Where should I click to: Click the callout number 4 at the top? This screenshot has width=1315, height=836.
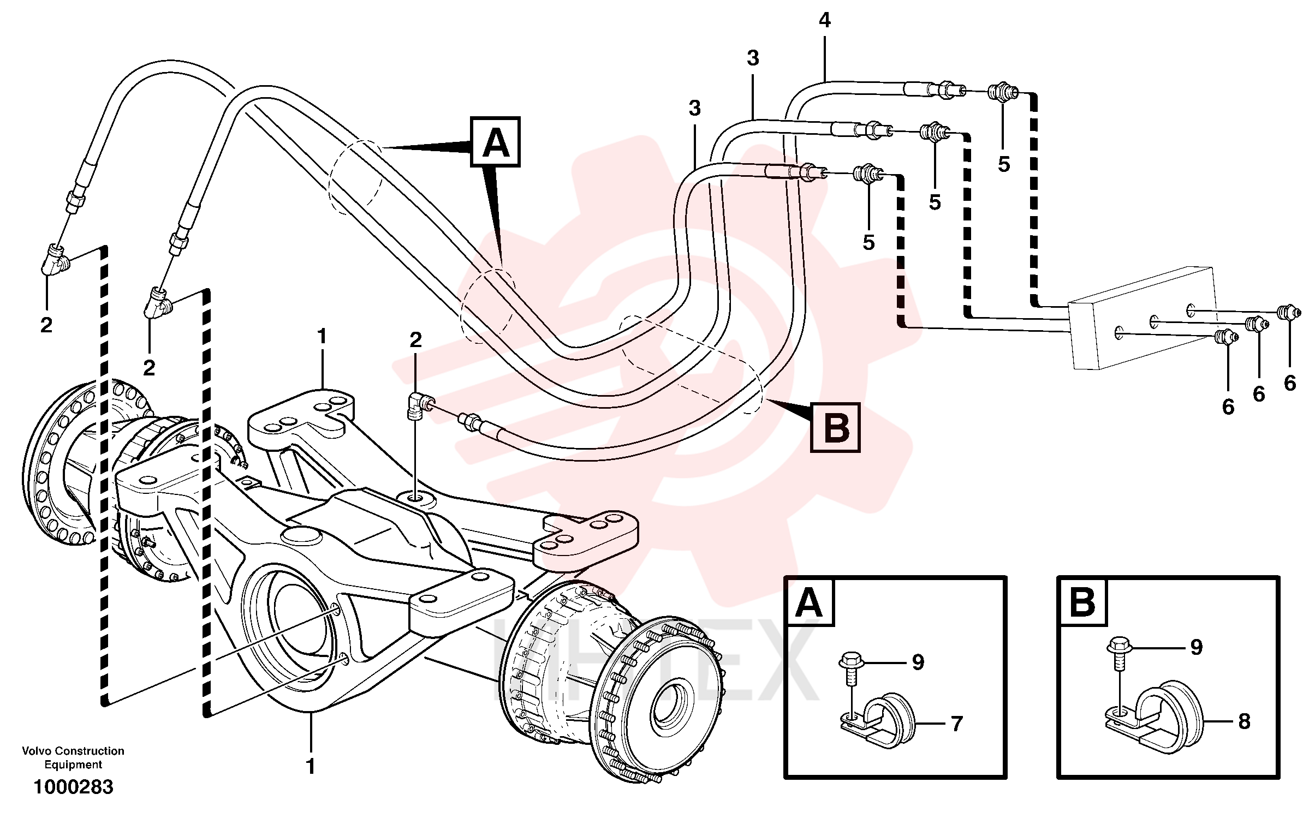pos(825,21)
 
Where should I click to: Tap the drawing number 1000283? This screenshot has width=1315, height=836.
pos(74,787)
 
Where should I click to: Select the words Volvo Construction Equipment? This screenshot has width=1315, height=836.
pos(73,757)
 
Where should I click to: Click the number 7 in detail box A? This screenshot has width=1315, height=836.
pos(957,724)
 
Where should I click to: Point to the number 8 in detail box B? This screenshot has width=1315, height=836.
pos(1245,721)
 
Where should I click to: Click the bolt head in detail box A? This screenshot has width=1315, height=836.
pos(850,661)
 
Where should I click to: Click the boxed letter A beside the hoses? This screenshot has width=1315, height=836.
pos(496,142)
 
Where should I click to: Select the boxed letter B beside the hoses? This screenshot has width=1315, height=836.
pos(836,428)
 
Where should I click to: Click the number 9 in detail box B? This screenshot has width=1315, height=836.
pos(1197,647)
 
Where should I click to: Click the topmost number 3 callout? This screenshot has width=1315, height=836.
pos(753,58)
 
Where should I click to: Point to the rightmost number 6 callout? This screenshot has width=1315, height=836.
pos(1290,383)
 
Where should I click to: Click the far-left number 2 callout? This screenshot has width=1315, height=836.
pos(46,325)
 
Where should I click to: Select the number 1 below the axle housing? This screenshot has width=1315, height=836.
pos(311,767)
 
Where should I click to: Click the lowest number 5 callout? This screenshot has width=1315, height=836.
pos(869,242)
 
